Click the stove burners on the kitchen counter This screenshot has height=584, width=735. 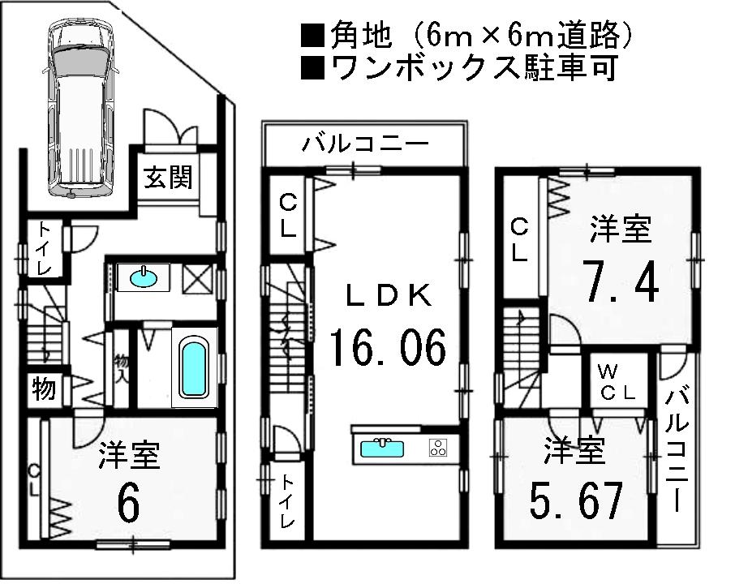click(439, 448)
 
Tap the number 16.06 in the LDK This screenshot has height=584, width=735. click(388, 350)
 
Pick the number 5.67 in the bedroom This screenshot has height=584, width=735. click(578, 503)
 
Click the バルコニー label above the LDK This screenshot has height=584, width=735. click(365, 146)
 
